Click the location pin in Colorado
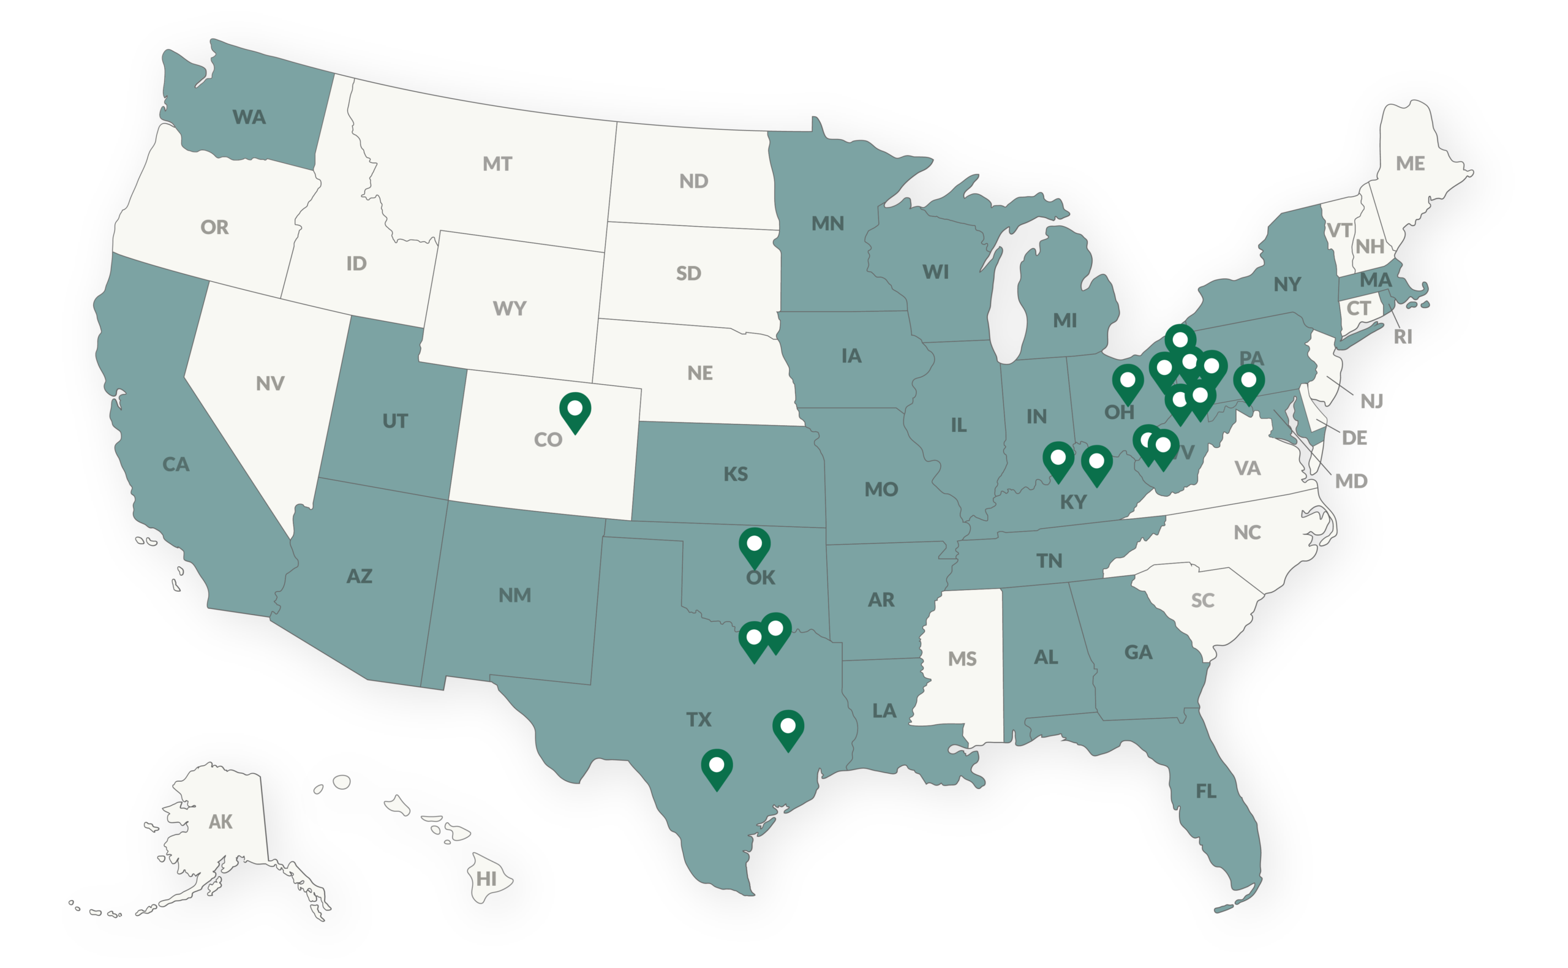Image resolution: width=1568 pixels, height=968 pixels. pos(575,410)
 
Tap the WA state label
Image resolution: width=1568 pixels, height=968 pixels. pos(249,117)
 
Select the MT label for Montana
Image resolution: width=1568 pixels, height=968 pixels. pos(497,164)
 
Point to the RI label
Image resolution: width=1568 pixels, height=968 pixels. pos(1403,337)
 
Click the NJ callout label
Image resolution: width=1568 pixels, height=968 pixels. pos(1371,401)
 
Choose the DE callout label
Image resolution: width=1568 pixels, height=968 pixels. pos(1354,438)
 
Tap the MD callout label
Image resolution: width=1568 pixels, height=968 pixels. pos(1351,481)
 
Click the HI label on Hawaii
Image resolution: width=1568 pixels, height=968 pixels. pos(486,879)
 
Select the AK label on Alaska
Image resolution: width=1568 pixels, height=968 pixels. pos(221,822)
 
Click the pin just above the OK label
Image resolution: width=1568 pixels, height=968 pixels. pos(755,545)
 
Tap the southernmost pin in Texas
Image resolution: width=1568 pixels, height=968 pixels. pos(717,767)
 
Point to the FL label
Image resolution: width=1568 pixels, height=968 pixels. pos(1206,792)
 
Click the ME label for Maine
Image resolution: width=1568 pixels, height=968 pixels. pos(1411,164)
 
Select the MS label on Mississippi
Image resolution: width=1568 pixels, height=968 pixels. pos(962,659)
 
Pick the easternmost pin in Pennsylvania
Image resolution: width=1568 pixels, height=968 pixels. pos(1249,382)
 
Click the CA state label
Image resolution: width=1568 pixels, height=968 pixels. pos(176,464)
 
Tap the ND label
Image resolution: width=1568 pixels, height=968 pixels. pos(694,181)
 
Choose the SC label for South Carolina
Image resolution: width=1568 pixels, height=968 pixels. pos(1202,600)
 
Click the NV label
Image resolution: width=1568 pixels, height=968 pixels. pos(270,384)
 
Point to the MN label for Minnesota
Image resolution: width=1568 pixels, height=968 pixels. pos(827,224)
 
